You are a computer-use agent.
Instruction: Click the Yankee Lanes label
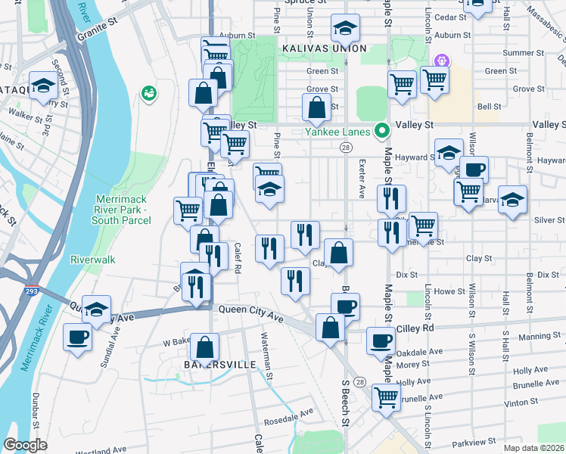click(x=338, y=132)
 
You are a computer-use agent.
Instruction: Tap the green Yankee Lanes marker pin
click(x=383, y=130)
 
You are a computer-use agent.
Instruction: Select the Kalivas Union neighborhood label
click(x=313, y=48)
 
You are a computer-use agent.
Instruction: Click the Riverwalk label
click(x=92, y=260)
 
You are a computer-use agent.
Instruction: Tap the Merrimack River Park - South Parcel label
click(x=120, y=210)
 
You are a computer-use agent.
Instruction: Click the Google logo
click(x=25, y=446)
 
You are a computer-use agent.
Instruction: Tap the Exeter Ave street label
click(x=362, y=182)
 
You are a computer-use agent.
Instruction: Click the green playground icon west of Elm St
click(x=150, y=92)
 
